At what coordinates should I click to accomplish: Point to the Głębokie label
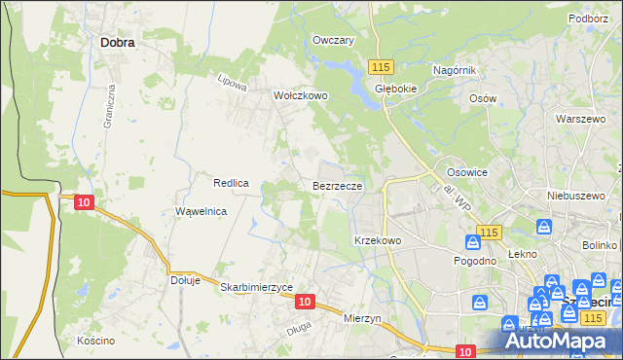(396, 87)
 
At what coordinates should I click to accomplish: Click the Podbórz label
(589, 17)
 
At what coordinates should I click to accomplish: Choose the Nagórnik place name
(453, 71)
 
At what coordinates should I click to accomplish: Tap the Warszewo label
(581, 118)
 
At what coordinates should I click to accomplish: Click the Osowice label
(466, 171)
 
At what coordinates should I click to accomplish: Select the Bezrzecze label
(338, 185)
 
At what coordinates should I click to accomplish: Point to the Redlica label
(232, 183)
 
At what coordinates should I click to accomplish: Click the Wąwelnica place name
(201, 211)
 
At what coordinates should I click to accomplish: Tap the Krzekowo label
(378, 239)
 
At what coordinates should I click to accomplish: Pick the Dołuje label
(185, 280)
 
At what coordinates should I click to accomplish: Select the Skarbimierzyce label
(257, 287)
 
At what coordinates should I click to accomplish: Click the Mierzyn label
(365, 317)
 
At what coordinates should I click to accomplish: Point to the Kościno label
(96, 341)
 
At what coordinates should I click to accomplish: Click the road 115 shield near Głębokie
(381, 65)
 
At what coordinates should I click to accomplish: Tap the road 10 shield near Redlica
(84, 201)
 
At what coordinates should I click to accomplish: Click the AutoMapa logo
(565, 342)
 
